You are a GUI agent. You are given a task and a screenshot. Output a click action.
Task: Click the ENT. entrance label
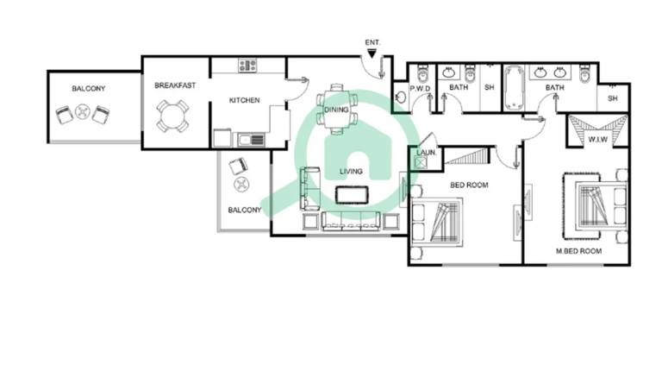(x=372, y=42)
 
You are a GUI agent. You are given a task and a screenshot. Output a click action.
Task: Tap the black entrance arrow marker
(x=372, y=53)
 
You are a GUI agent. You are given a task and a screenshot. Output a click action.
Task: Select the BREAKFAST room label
(x=175, y=85)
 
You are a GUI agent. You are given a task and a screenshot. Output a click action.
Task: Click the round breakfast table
(x=172, y=116)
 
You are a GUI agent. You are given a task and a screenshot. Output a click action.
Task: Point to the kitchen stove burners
(x=247, y=66)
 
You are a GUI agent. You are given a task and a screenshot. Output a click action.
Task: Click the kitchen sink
(x=251, y=140)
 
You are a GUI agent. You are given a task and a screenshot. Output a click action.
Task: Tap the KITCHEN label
(x=245, y=101)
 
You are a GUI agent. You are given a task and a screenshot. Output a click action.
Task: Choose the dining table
(x=336, y=109)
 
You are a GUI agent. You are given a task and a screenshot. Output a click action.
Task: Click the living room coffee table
(x=352, y=195)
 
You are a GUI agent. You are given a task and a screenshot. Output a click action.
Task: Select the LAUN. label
(x=427, y=153)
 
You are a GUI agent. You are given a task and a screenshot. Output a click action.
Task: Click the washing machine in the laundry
(x=420, y=162)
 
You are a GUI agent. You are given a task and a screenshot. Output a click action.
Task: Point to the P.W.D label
(x=420, y=89)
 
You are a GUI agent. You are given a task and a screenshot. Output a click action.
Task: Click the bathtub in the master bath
(x=514, y=88)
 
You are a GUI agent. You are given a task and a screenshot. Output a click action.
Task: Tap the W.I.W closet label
(x=598, y=140)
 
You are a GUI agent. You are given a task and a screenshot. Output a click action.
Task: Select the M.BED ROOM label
(x=578, y=251)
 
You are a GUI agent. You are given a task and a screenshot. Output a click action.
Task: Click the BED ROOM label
(x=469, y=185)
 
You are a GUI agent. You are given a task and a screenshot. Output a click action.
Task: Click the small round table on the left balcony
(x=83, y=112)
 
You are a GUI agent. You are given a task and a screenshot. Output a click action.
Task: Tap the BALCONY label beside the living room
(x=245, y=210)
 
